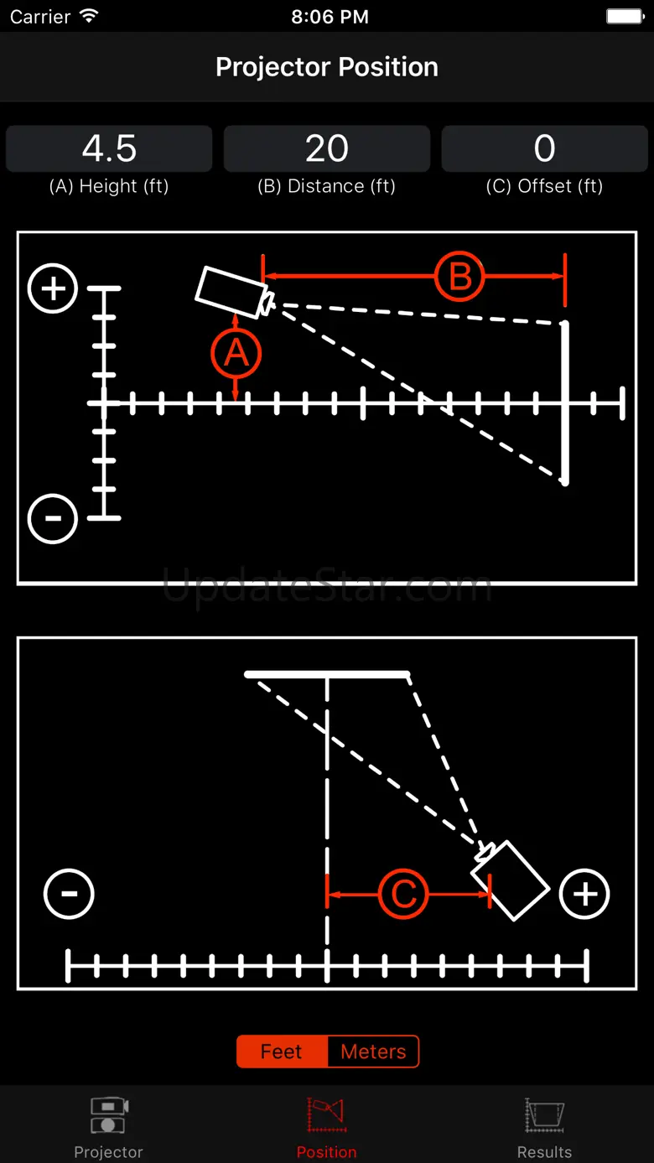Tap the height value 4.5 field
click(109, 149)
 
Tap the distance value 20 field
click(327, 149)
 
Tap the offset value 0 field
click(544, 149)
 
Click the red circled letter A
click(236, 353)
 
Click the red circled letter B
click(459, 277)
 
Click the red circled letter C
click(403, 894)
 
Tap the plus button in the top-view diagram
click(584, 894)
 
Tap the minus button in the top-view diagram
click(69, 894)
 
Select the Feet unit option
click(282, 1051)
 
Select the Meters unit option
click(373, 1051)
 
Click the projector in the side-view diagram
click(231, 289)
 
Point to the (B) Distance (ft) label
click(327, 186)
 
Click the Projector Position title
click(327, 67)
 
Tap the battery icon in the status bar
click(624, 17)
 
